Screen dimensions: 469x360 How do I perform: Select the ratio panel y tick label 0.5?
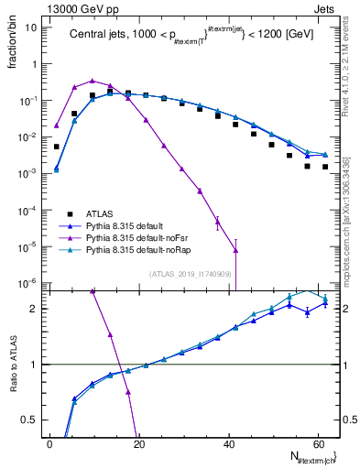[29, 420]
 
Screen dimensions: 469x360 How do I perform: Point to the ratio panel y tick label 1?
[34, 365]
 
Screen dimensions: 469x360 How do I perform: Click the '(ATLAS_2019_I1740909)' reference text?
[192, 274]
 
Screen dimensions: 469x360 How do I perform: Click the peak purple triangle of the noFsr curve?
[92, 81]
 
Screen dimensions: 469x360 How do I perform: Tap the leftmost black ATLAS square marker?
[57, 147]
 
